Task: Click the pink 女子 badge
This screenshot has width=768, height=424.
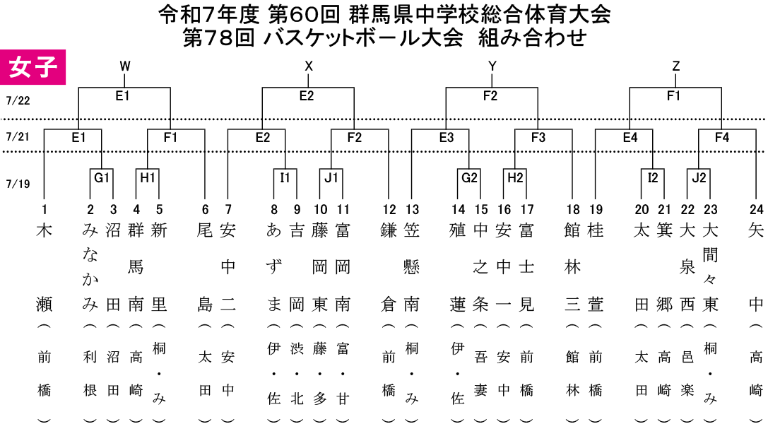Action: click(33, 67)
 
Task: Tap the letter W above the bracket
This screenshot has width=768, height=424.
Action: click(125, 66)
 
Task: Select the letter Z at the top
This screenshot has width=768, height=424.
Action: click(676, 66)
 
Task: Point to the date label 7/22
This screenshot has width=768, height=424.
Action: click(18, 101)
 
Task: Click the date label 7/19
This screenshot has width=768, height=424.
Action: click(18, 184)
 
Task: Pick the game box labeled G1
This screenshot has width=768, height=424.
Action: click(102, 178)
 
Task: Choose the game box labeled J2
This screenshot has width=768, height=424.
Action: click(699, 178)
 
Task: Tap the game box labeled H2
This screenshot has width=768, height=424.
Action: click(515, 178)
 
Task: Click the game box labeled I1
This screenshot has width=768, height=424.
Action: click(285, 178)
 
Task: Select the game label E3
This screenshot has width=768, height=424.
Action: click(447, 138)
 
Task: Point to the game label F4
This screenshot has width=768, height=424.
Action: click(722, 138)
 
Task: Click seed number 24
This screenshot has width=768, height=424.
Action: click(756, 210)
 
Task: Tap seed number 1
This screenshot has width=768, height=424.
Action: click(45, 210)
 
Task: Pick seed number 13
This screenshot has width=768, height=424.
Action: click(412, 210)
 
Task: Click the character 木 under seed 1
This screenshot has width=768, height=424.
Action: click(44, 230)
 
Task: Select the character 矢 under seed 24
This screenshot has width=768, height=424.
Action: click(756, 230)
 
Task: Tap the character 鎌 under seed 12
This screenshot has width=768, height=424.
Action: click(389, 230)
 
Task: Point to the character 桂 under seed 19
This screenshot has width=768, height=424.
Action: click(595, 230)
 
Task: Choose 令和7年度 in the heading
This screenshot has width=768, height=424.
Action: click(208, 15)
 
